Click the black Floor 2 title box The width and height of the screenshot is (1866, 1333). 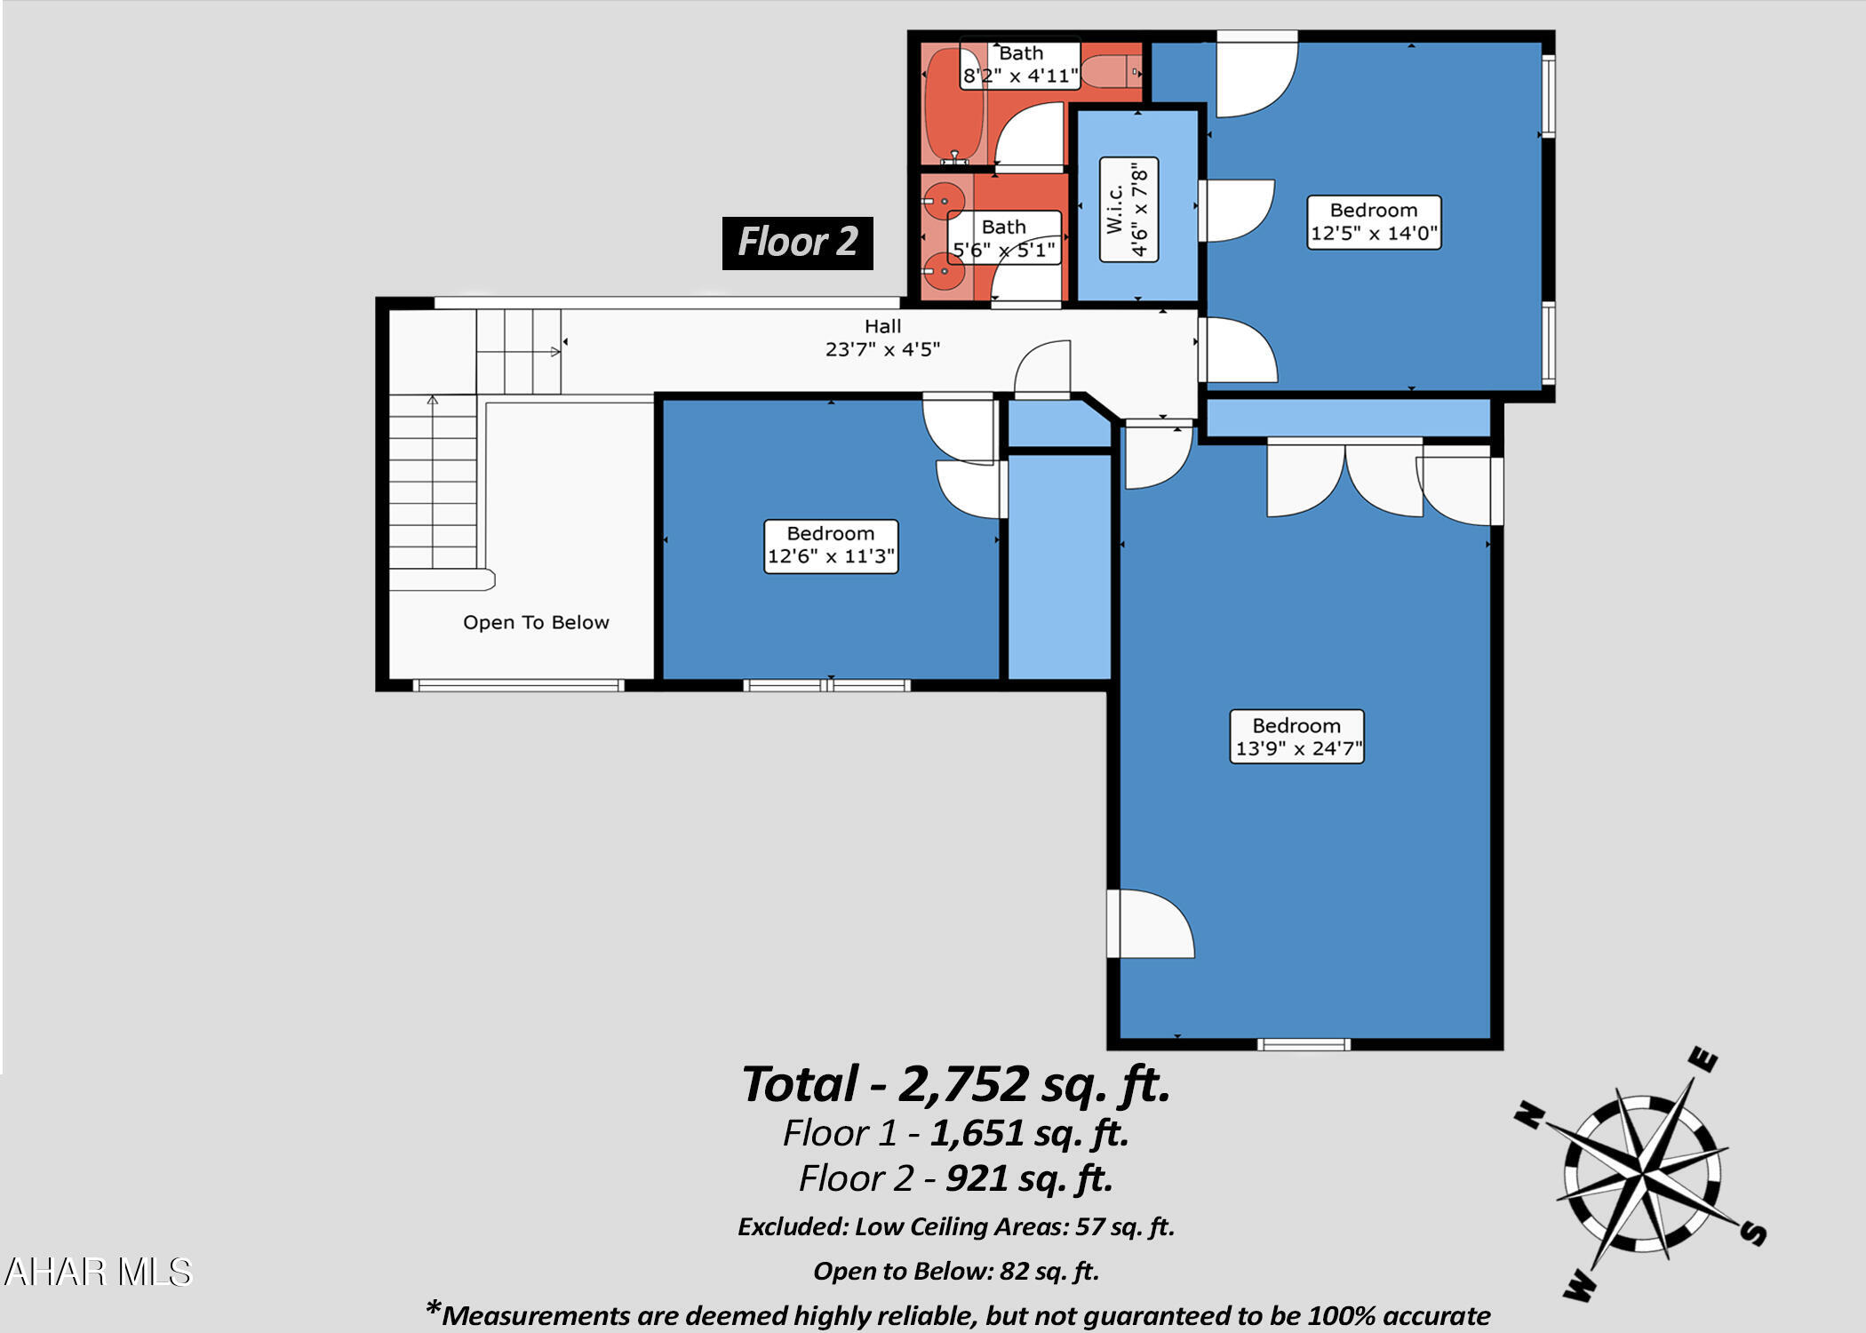pyautogui.click(x=797, y=243)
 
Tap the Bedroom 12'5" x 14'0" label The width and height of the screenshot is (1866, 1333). pyautogui.click(x=1373, y=222)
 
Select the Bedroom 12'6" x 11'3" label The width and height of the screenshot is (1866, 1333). pyautogui.click(x=831, y=546)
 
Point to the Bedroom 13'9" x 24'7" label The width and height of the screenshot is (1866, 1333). pyautogui.click(x=1296, y=737)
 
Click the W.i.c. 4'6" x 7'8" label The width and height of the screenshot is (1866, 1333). pyautogui.click(x=1128, y=210)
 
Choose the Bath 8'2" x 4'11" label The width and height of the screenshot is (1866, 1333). pyautogui.click(x=1020, y=64)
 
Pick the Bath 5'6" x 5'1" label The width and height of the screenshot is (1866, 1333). pyautogui.click(x=1003, y=238)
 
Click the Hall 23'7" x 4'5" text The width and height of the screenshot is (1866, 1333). pyautogui.click(x=882, y=339)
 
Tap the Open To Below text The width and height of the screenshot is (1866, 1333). pyautogui.click(x=536, y=622)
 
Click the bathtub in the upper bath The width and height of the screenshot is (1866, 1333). pyautogui.click(x=953, y=105)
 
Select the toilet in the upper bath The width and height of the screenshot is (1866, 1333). pyautogui.click(x=1111, y=71)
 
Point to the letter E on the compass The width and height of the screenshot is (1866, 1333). pyautogui.click(x=1704, y=1060)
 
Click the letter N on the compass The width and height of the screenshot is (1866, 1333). pyautogui.click(x=1527, y=1113)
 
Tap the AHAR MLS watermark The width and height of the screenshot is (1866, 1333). pyautogui.click(x=98, y=1272)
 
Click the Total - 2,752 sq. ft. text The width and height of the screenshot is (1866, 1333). pyautogui.click(x=956, y=1085)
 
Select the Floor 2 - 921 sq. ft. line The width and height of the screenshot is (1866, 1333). pyautogui.click(x=956, y=1178)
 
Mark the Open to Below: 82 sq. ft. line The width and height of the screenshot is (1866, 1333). pyautogui.click(x=956, y=1271)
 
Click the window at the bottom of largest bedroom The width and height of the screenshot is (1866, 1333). pyautogui.click(x=1304, y=1044)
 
